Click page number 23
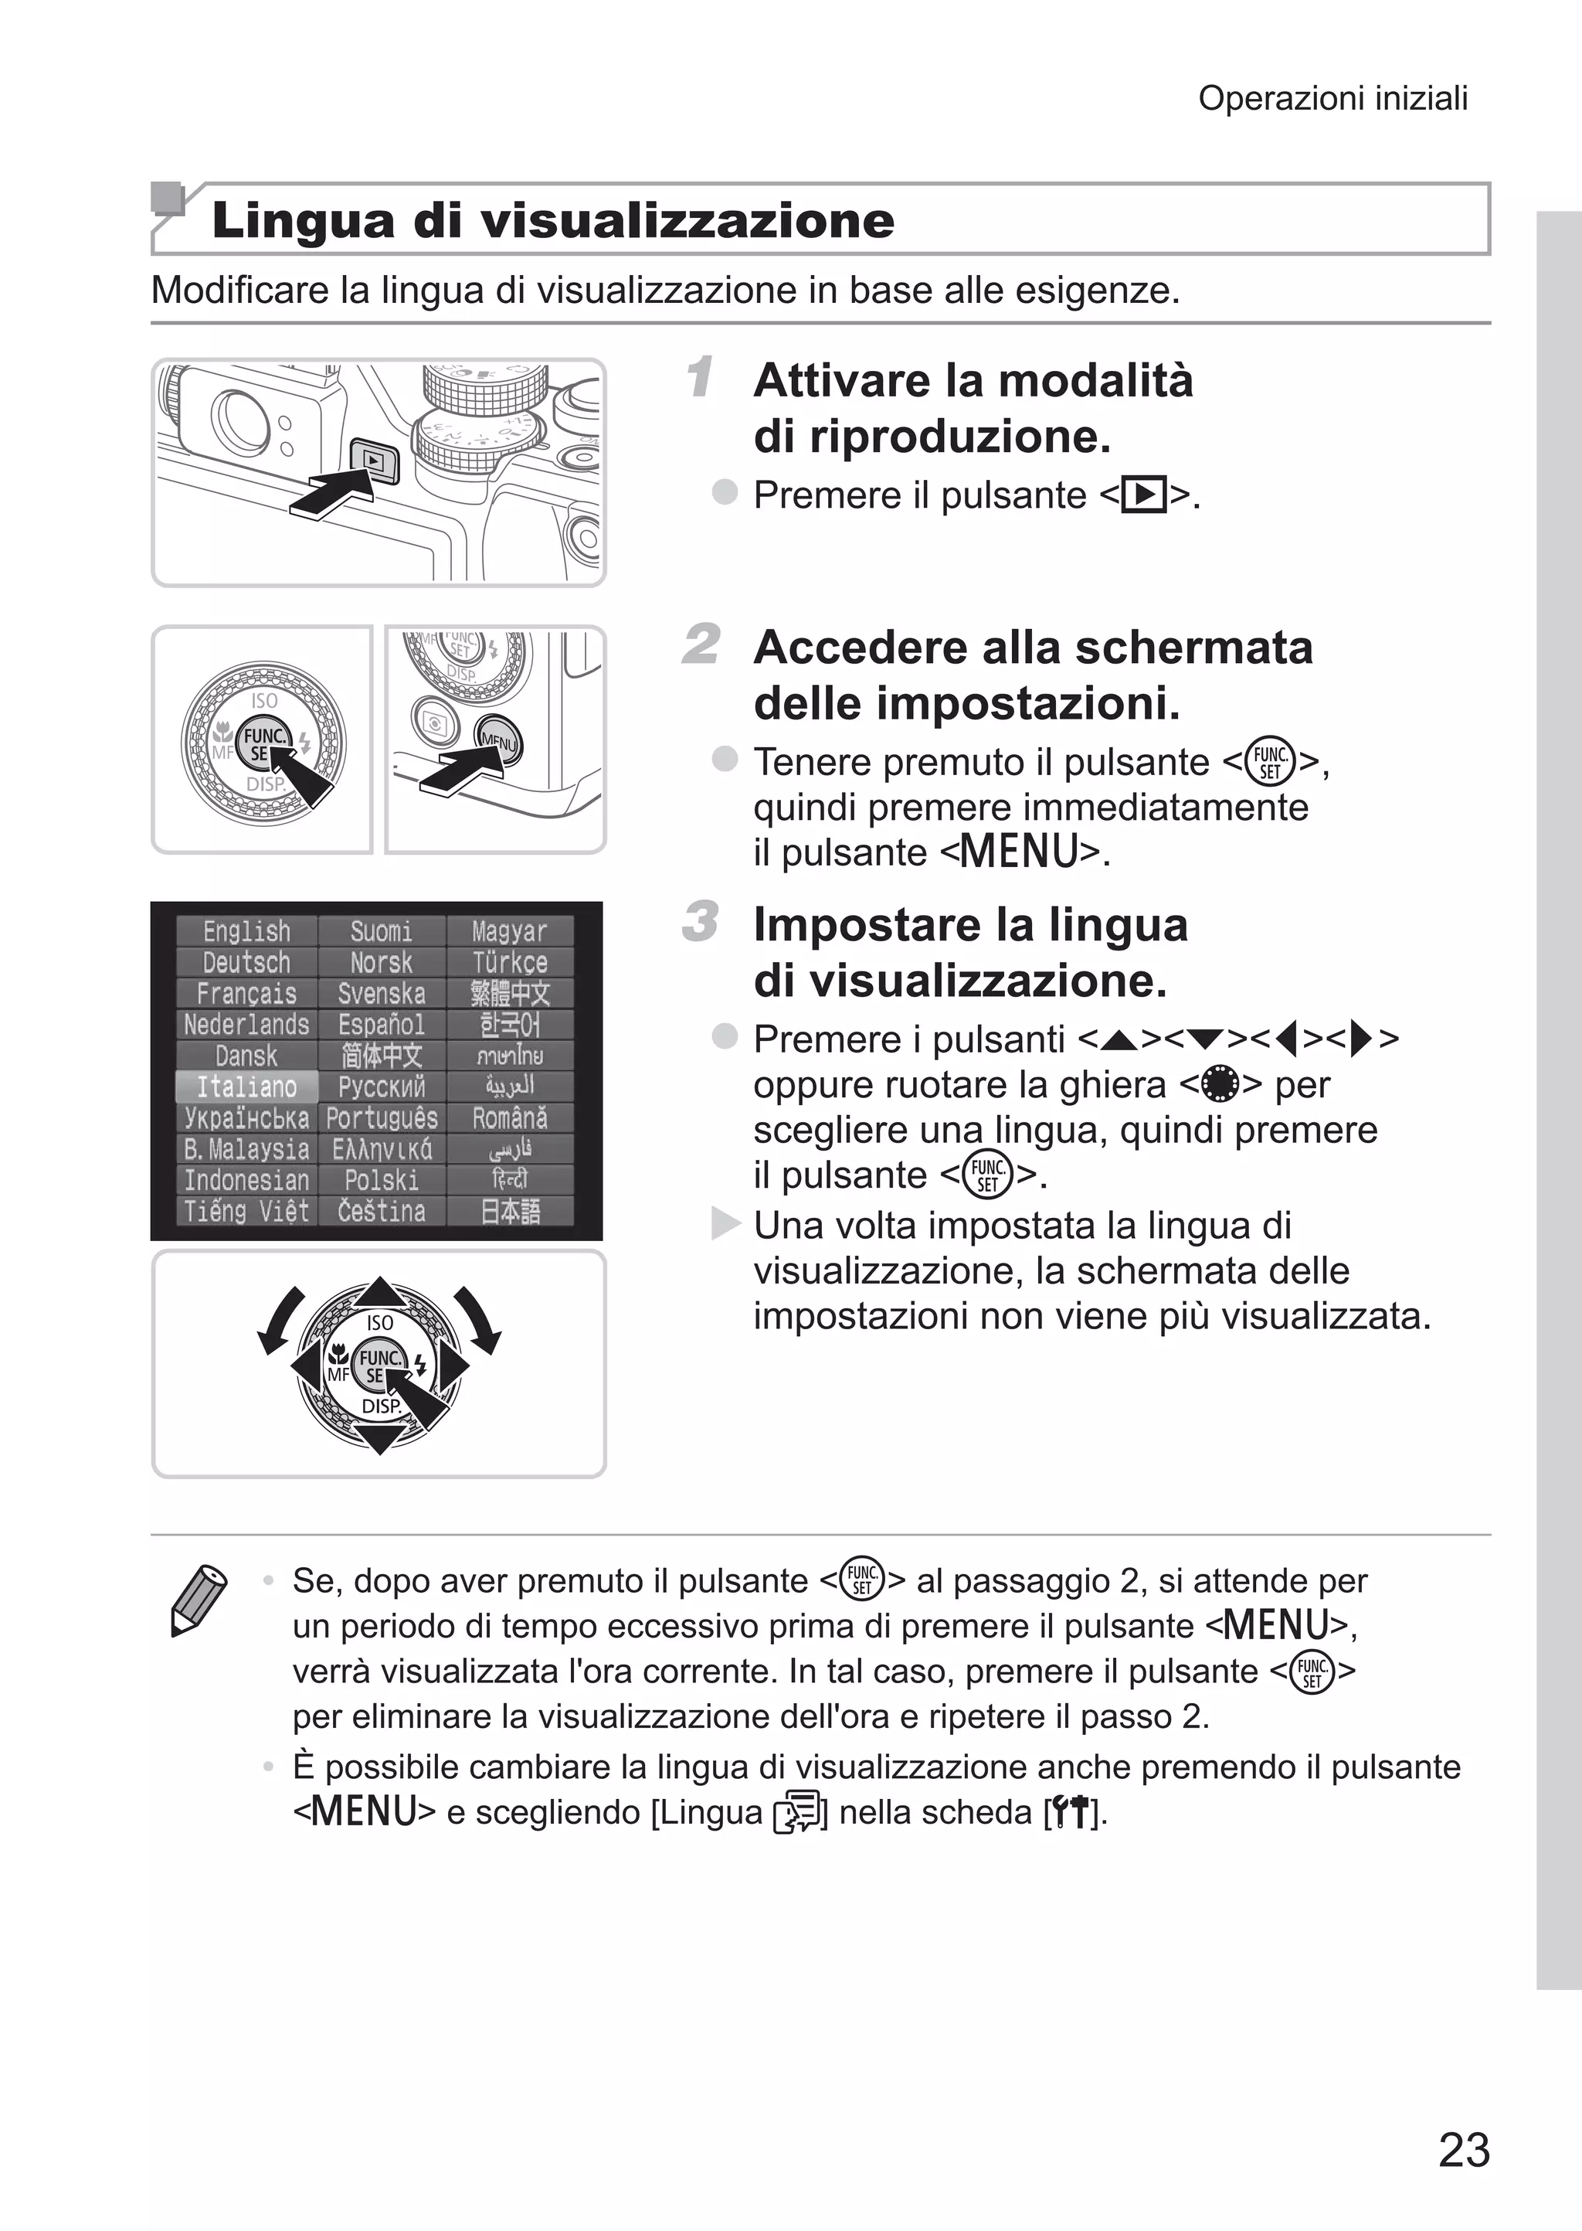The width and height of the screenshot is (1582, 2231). pos(1463,2149)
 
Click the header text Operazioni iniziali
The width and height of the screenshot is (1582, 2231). pos(1332,98)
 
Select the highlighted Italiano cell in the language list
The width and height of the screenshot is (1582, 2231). pos(246,1087)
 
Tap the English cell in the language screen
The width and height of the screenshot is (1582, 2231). pos(246,931)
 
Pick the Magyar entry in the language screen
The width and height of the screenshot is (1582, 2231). pos(510,931)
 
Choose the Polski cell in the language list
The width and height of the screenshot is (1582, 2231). pos(381,1180)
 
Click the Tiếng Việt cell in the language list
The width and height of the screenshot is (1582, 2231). pos(246,1211)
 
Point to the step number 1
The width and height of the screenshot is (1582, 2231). pos(699,377)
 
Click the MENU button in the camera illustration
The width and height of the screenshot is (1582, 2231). pos(497,743)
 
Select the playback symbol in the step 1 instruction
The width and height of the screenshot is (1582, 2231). pos(1144,495)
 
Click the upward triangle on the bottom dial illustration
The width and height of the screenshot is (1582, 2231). pos(380,1292)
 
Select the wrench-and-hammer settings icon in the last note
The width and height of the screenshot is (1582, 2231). pos(1070,1812)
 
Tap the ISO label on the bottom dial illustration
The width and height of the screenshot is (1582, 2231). pos(380,1322)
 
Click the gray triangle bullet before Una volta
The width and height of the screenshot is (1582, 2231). pos(725,1223)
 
